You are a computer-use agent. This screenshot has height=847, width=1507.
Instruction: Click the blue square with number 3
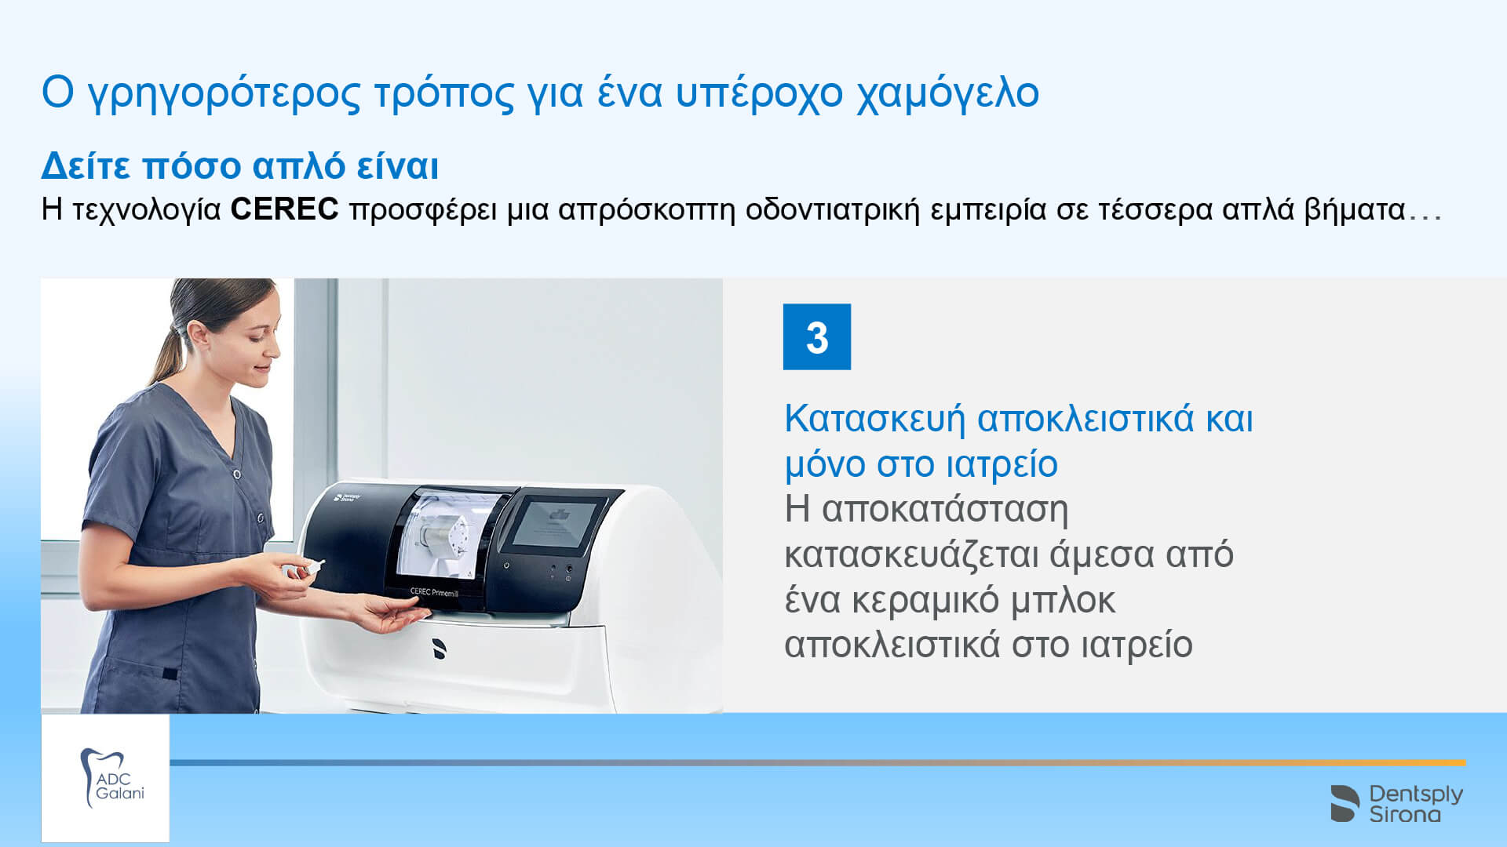816,336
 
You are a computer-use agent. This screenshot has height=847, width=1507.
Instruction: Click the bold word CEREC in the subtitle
284,209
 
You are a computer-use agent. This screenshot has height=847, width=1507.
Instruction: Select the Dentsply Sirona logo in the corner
1396,803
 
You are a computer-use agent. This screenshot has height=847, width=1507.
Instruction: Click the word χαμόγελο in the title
947,93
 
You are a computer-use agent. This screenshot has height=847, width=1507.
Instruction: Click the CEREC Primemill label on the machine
434,592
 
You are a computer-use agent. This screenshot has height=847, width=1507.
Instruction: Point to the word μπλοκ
1063,601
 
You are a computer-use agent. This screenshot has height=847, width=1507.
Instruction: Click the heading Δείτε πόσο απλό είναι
239,165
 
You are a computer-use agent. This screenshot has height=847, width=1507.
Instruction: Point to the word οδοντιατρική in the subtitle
832,210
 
